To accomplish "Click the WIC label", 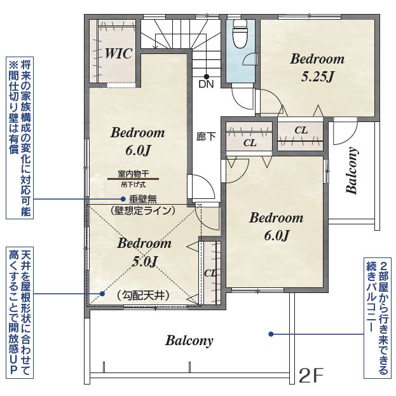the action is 118,53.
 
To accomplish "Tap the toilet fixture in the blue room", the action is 240,34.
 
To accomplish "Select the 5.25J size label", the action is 318,76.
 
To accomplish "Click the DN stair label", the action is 207,84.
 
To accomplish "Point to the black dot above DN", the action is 207,76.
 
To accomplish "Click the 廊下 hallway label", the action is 207,137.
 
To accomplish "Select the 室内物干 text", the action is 133,174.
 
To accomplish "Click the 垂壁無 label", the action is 143,199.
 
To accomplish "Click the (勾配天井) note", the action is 142,295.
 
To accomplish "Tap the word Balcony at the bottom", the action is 189,341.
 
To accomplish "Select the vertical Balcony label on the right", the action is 352,170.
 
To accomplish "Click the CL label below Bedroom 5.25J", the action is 301,130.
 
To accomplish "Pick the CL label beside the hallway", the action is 250,143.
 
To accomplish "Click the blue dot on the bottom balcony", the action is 271,334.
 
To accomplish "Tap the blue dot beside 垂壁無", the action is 123,199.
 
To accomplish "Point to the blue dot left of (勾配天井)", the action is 102,294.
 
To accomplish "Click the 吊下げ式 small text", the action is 133,185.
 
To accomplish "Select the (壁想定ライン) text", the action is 143,210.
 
